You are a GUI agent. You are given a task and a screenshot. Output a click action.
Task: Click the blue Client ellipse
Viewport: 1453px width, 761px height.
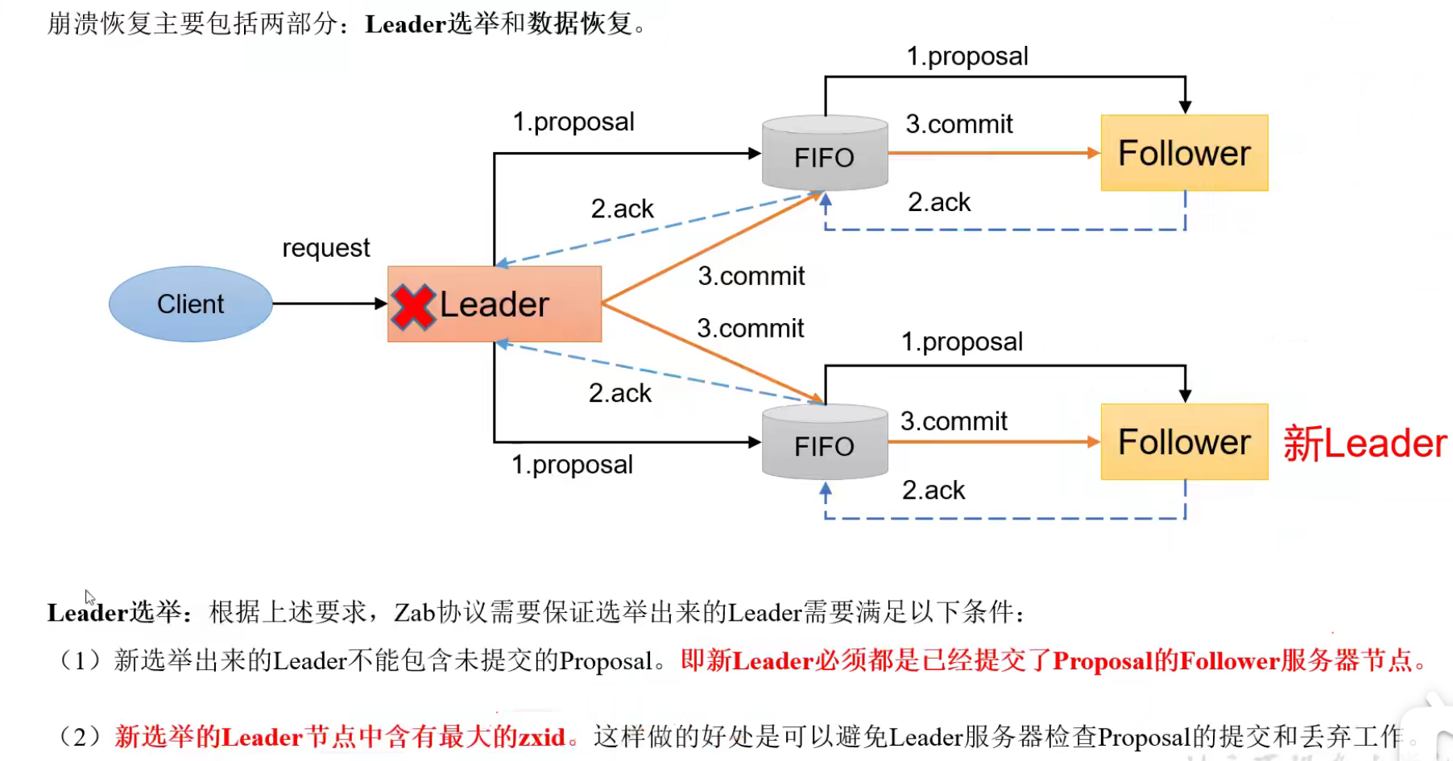point(191,304)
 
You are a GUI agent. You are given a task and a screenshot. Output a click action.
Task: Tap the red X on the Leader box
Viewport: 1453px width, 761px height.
point(413,307)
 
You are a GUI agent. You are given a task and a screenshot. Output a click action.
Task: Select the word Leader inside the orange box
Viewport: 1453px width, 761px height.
point(494,305)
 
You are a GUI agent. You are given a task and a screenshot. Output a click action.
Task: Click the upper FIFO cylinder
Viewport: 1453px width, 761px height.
point(825,154)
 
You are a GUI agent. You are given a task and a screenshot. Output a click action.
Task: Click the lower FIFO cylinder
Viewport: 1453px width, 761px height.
point(825,443)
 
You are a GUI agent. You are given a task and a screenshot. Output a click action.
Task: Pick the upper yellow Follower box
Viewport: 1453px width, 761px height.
point(1184,153)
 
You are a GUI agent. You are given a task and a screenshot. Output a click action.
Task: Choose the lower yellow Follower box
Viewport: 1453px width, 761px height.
point(1184,442)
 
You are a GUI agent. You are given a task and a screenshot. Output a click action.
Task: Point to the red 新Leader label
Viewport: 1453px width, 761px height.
point(1364,444)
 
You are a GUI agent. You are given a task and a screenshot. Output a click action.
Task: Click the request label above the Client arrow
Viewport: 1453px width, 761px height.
point(326,248)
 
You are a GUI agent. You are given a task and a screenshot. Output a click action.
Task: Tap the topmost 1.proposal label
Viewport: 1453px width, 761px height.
point(967,56)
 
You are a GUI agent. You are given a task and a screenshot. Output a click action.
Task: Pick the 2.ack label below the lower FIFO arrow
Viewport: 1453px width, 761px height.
point(933,490)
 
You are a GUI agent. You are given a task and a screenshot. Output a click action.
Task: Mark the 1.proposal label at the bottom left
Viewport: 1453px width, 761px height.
point(573,465)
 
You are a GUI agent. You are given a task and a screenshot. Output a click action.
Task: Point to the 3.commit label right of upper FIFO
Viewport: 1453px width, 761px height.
point(959,124)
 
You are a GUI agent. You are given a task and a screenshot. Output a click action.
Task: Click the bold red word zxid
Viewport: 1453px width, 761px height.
point(541,737)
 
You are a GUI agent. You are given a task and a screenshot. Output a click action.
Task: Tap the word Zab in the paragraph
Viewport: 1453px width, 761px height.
point(414,613)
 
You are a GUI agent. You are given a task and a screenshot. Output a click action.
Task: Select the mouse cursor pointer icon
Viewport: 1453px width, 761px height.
point(89,598)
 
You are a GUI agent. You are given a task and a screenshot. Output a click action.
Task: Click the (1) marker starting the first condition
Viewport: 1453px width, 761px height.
point(80,661)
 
